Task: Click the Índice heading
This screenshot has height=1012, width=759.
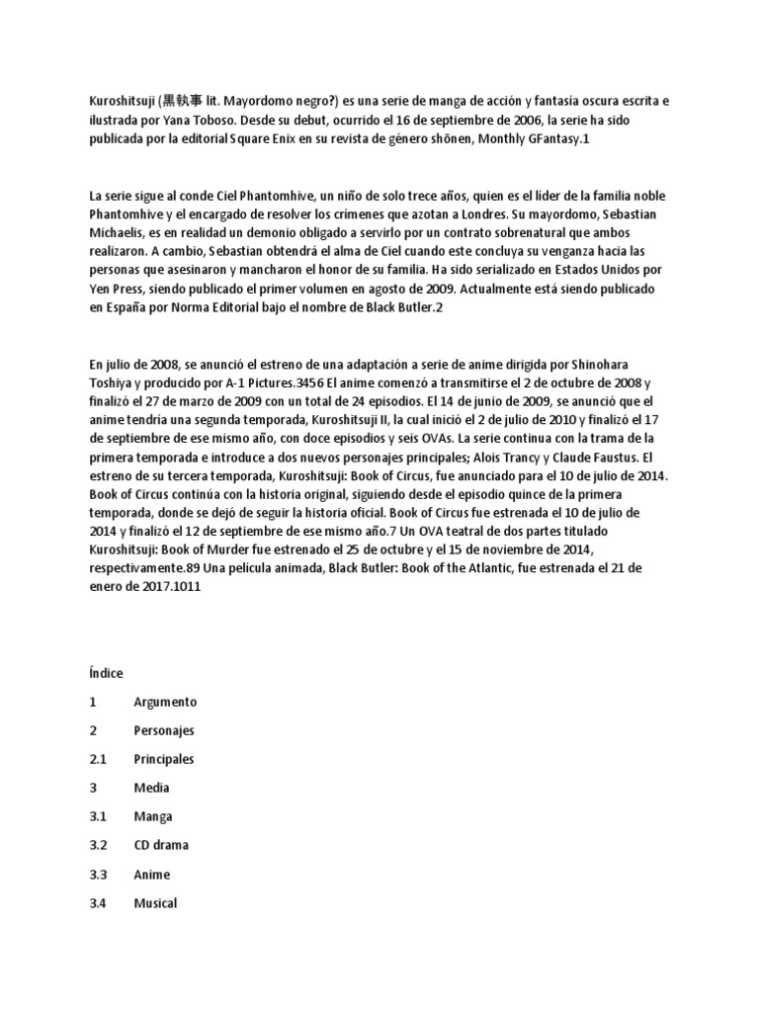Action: [106, 673]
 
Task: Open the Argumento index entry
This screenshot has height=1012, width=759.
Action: [165, 702]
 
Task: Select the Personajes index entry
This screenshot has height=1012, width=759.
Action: [164, 730]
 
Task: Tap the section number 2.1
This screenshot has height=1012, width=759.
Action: [98, 759]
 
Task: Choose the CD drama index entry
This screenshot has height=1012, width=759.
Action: [161, 846]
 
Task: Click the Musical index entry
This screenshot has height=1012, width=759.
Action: [156, 903]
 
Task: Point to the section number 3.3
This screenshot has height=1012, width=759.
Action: [98, 875]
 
